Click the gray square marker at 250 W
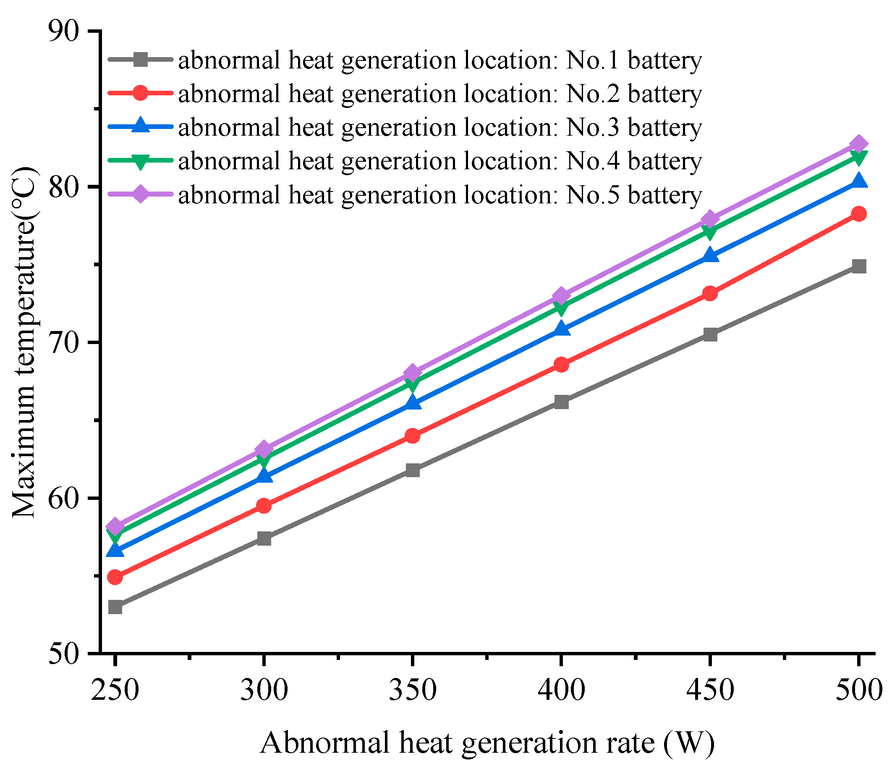point(115,607)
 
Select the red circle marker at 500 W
point(859,214)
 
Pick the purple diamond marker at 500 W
point(859,144)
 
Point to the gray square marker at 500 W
point(859,266)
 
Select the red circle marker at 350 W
point(413,436)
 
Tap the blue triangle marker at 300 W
point(264,476)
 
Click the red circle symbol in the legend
point(141,93)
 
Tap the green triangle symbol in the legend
point(141,161)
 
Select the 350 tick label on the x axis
point(413,690)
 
